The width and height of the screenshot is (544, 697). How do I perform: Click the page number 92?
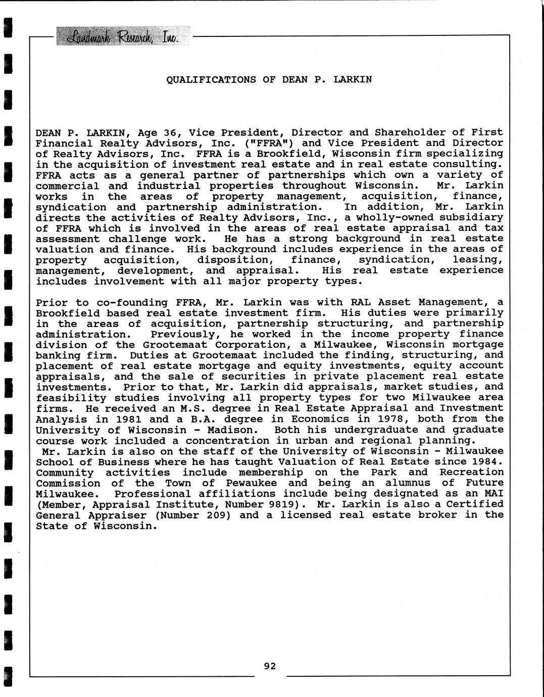270,666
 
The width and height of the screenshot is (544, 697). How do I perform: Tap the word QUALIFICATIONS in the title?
211,79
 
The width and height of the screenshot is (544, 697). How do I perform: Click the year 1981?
128,419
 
